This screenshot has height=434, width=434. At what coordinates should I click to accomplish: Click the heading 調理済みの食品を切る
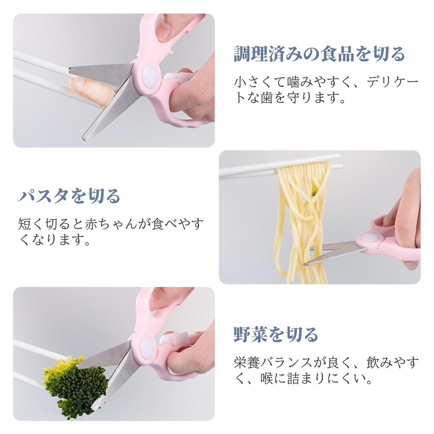[x=319, y=55]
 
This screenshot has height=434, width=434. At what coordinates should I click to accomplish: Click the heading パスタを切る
[x=70, y=196]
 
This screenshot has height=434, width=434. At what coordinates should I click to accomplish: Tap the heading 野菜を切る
[x=275, y=334]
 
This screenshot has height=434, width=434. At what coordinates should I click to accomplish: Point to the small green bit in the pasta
[x=314, y=193]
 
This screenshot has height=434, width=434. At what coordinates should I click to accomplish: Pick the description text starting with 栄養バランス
[x=326, y=369]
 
